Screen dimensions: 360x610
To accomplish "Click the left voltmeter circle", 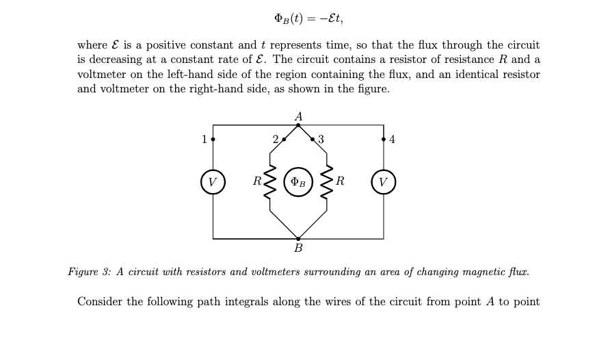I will (x=213, y=182).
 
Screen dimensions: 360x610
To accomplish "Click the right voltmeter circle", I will (x=383, y=182).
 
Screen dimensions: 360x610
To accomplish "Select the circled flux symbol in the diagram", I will (x=298, y=182).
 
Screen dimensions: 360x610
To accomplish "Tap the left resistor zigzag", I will (x=270, y=182).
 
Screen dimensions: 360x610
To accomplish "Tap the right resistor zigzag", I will (x=326, y=182).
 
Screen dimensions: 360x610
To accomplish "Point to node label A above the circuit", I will (x=298, y=116).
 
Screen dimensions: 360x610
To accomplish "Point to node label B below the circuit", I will (x=298, y=248).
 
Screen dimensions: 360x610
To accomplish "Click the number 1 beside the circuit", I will (x=204, y=140).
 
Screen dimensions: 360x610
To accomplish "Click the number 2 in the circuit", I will (x=276, y=140).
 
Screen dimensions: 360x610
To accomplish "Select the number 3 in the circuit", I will (x=321, y=140).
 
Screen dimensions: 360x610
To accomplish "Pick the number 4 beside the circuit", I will (x=392, y=140).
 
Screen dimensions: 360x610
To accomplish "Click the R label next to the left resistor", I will (x=257, y=182).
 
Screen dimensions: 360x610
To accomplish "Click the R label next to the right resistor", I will (x=340, y=182).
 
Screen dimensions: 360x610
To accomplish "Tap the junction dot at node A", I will (x=298, y=125).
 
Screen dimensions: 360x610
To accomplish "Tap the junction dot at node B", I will (x=298, y=239).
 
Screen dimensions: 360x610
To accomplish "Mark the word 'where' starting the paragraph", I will (x=92, y=45).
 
